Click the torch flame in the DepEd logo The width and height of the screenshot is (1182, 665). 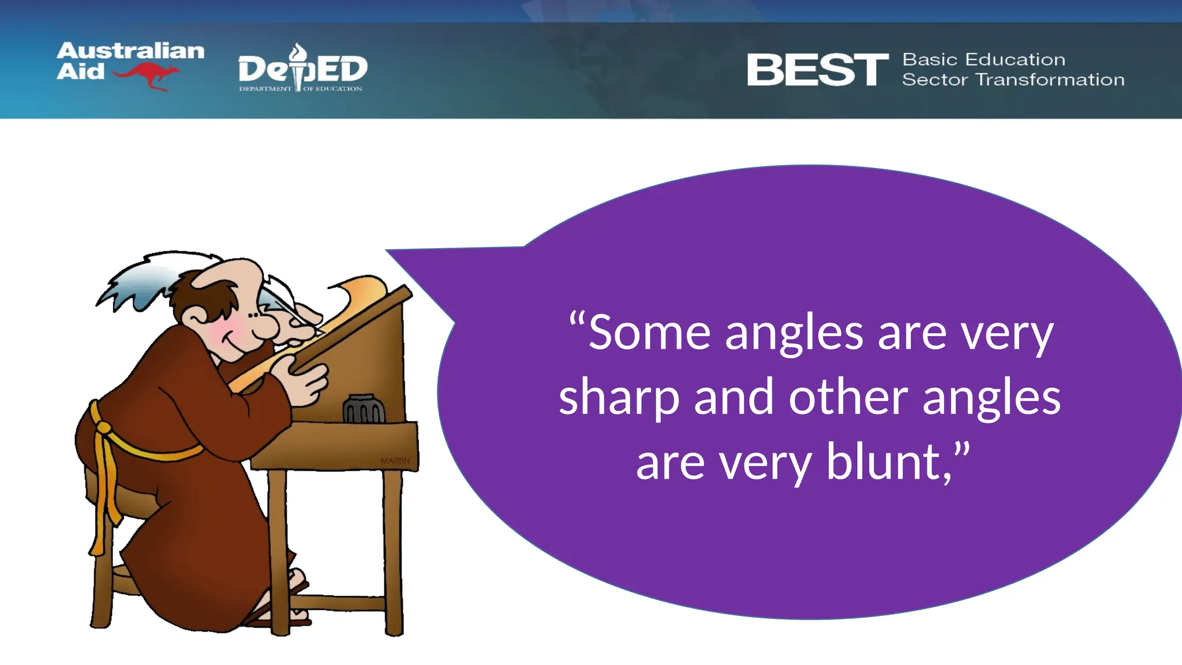298,53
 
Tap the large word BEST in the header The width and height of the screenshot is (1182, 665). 817,70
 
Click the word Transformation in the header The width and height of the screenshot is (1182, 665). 1050,80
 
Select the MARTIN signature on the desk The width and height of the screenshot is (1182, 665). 395,461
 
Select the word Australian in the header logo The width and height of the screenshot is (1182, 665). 130,51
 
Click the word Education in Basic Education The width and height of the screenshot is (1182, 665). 1015,59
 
